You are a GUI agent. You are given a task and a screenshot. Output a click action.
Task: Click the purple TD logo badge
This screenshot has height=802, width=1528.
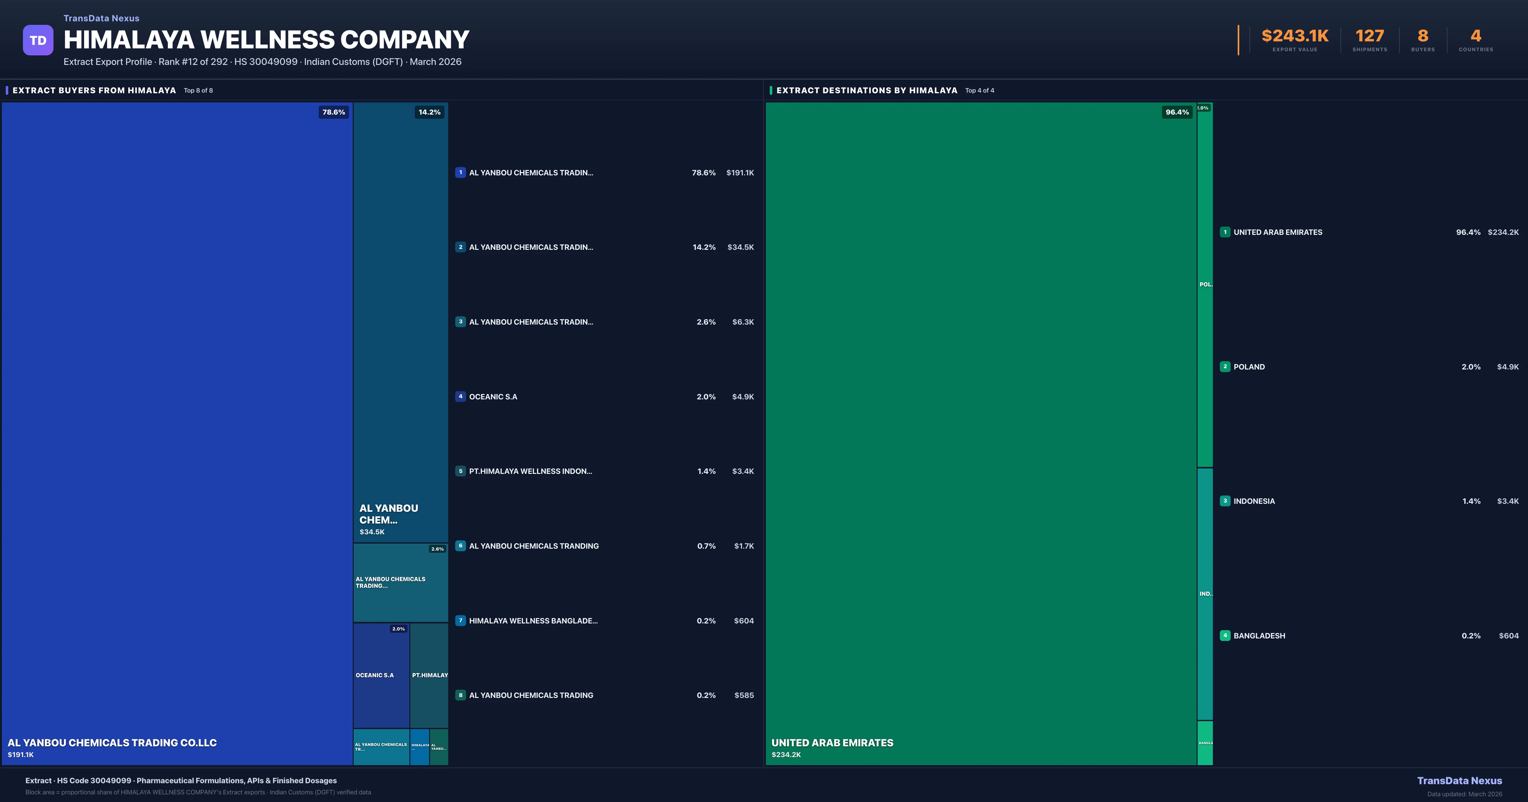tap(38, 40)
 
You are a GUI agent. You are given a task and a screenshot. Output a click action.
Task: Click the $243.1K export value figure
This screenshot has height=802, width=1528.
tap(1295, 36)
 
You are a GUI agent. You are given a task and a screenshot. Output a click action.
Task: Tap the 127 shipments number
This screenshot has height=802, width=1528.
tap(1369, 36)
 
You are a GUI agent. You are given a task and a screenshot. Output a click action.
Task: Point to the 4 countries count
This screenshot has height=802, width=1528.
tap(1476, 36)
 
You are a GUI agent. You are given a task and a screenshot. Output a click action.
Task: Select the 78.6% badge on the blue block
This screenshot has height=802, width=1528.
tap(333, 112)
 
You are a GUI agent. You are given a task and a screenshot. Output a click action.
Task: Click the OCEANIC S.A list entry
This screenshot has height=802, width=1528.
tap(493, 397)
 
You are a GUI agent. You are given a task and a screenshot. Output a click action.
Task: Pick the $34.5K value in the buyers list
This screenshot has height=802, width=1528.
tap(740, 247)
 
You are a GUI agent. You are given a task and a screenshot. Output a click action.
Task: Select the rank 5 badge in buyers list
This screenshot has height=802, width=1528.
tap(460, 471)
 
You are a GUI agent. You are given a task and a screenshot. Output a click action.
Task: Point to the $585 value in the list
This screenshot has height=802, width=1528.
tap(744, 695)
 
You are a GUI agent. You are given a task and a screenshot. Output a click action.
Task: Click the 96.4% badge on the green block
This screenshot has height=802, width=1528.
tap(1177, 112)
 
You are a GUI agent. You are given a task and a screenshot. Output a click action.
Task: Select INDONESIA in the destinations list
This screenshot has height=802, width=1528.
tap(1254, 501)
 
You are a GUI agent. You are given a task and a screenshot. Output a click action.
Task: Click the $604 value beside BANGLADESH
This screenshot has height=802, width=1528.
tap(1509, 636)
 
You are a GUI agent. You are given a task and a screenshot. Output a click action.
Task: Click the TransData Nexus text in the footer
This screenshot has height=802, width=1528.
tap(1459, 781)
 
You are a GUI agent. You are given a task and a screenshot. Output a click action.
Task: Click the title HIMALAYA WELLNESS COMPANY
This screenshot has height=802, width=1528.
tap(266, 40)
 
